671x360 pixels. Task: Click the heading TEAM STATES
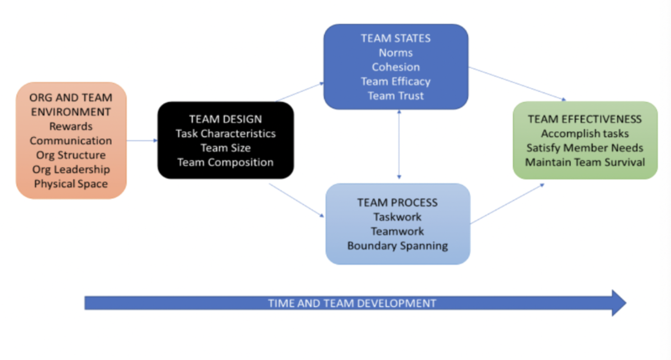(396, 38)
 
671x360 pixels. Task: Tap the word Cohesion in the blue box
(396, 67)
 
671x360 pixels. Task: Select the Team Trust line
(396, 96)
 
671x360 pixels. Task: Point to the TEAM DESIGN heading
(226, 119)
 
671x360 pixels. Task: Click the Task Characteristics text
(226, 134)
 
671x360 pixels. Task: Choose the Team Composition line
(226, 163)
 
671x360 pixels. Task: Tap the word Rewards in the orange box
(71, 126)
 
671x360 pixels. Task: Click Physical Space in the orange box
(71, 184)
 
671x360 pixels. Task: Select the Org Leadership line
(71, 170)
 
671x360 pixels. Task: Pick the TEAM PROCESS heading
(398, 203)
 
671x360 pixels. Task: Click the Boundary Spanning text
(398, 246)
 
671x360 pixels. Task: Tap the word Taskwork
(398, 217)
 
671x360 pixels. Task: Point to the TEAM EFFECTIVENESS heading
(585, 119)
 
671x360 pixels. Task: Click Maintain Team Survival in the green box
(585, 163)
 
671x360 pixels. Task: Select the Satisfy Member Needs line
(585, 148)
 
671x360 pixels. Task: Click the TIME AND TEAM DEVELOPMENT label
(352, 303)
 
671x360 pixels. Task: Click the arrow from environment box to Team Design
(142, 140)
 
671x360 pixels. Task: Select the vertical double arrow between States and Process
(399, 144)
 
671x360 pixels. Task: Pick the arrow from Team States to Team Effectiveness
(517, 84)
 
